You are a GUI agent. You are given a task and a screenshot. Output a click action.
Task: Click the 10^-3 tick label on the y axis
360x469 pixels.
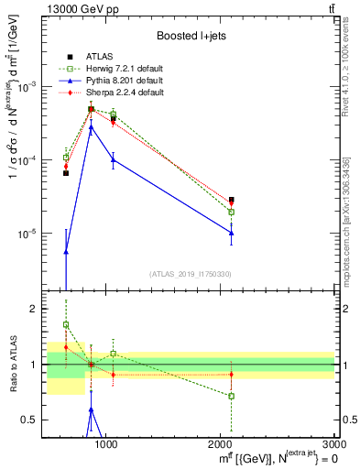point(28,87)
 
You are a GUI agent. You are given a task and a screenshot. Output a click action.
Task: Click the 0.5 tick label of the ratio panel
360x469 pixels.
point(30,420)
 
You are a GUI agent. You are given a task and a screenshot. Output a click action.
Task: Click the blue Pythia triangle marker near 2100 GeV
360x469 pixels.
point(232,233)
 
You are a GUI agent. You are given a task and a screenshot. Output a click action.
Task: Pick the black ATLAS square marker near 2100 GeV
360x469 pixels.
point(232,199)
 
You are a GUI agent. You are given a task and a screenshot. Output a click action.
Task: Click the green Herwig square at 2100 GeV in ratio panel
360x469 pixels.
point(232,396)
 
